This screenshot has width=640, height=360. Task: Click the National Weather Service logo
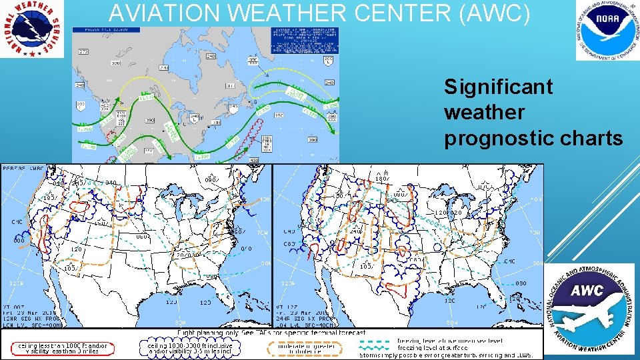tap(32, 28)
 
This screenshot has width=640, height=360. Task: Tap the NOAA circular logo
tap(607, 30)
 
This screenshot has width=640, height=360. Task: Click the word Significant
tap(499, 87)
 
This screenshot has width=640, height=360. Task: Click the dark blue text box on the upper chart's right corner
tap(305, 40)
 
